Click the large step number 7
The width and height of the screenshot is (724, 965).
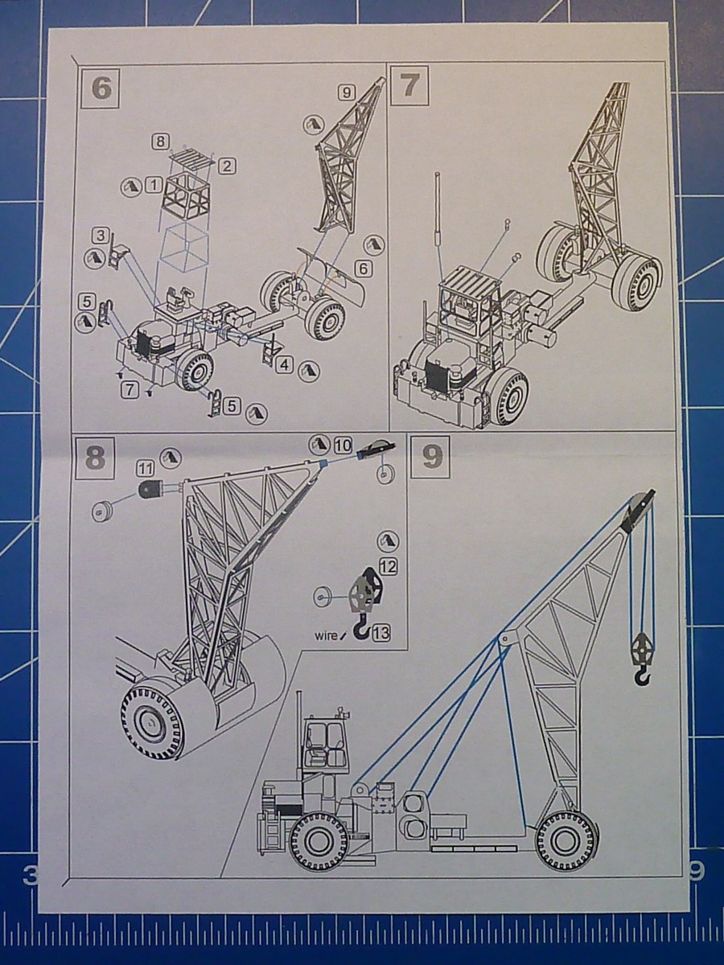tap(408, 86)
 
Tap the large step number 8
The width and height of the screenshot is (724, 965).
tap(97, 458)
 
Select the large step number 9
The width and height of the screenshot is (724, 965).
tap(432, 458)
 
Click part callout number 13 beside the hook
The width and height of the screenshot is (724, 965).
tap(381, 633)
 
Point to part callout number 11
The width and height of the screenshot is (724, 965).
tap(146, 470)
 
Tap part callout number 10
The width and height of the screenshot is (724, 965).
tap(343, 446)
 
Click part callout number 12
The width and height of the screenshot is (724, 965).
tap(388, 567)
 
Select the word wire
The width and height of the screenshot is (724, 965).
tap(326, 634)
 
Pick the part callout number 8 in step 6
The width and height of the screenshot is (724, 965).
tap(161, 142)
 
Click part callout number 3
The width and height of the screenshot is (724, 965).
tap(101, 236)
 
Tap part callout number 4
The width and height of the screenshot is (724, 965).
tap(285, 364)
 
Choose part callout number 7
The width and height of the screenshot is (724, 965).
tap(129, 390)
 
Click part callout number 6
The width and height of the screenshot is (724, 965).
tap(364, 269)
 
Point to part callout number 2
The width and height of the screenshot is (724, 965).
tap(228, 166)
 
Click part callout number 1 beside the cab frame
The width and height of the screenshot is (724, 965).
tap(154, 185)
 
